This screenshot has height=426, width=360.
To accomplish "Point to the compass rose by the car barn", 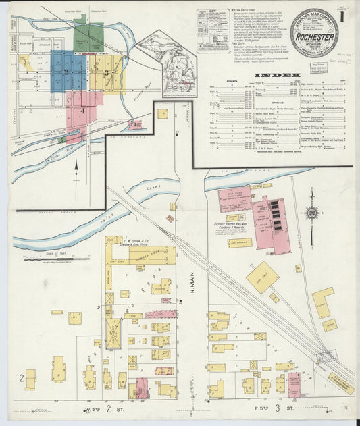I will (311, 213).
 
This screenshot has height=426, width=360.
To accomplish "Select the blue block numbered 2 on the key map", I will (68, 70).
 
